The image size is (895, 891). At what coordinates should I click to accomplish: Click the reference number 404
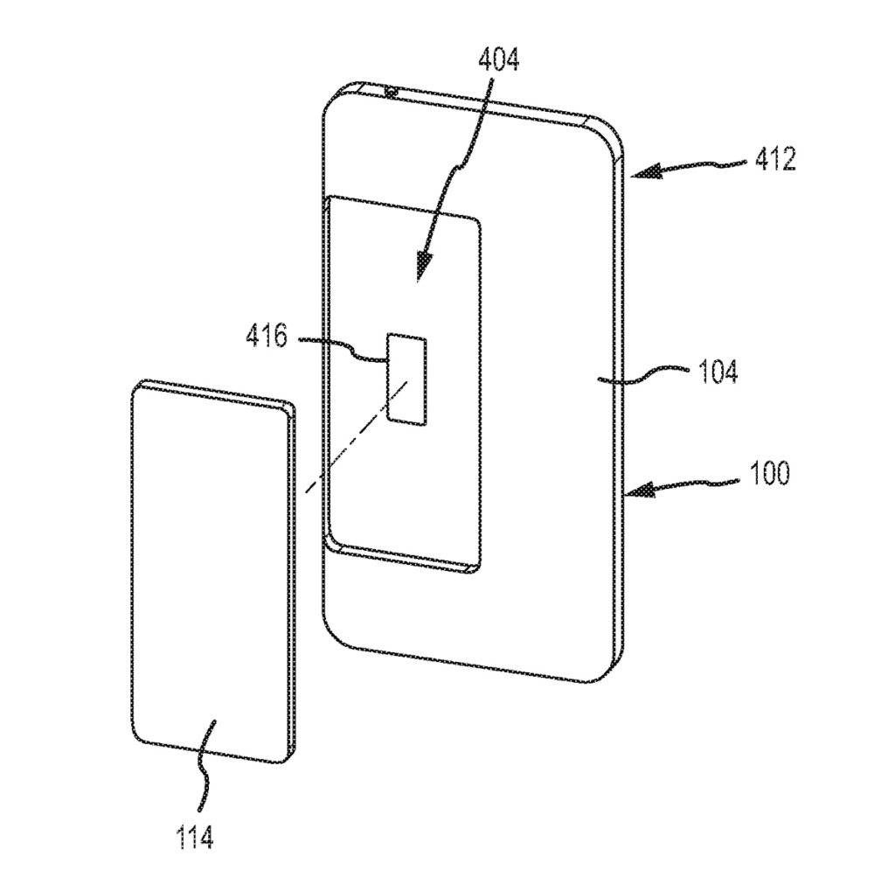[x=498, y=60]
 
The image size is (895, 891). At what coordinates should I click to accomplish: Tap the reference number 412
[x=775, y=159]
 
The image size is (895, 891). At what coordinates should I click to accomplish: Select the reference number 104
[x=718, y=372]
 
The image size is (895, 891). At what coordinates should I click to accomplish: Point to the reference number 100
[x=769, y=474]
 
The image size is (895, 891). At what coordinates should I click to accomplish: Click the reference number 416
[x=267, y=336]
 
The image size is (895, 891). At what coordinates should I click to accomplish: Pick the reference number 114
[x=195, y=838]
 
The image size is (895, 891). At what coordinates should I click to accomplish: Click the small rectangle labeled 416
[x=407, y=379]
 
